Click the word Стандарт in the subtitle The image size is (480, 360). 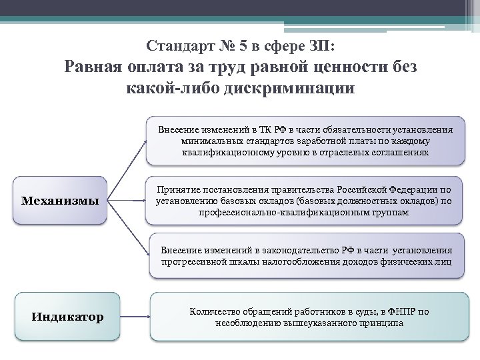pos(177,47)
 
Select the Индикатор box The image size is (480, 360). pos(67,316)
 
